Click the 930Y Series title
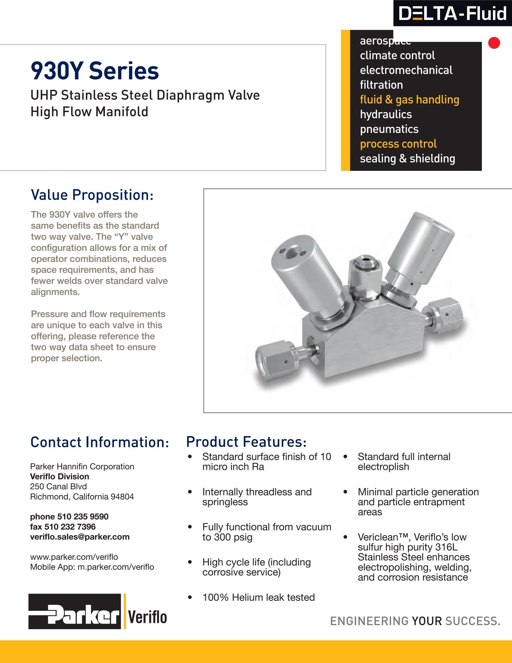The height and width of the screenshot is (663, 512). pos(95,71)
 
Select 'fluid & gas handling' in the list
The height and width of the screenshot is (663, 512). pos(409,99)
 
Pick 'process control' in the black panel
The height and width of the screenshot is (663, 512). pos(398,144)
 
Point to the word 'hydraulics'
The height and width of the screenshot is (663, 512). pos(386,114)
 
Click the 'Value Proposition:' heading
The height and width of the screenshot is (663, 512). pos(92,195)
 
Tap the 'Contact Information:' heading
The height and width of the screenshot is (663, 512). pos(99,442)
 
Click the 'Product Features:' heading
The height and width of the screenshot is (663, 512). pos(246,442)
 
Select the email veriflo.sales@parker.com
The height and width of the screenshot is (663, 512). pos(80,537)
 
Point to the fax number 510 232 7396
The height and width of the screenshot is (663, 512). pos(70,527)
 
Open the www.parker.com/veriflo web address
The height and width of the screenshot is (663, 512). pos(74,557)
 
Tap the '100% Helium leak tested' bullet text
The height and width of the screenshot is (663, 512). pos(258,597)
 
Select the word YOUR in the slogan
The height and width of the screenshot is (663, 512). pos(427,621)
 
